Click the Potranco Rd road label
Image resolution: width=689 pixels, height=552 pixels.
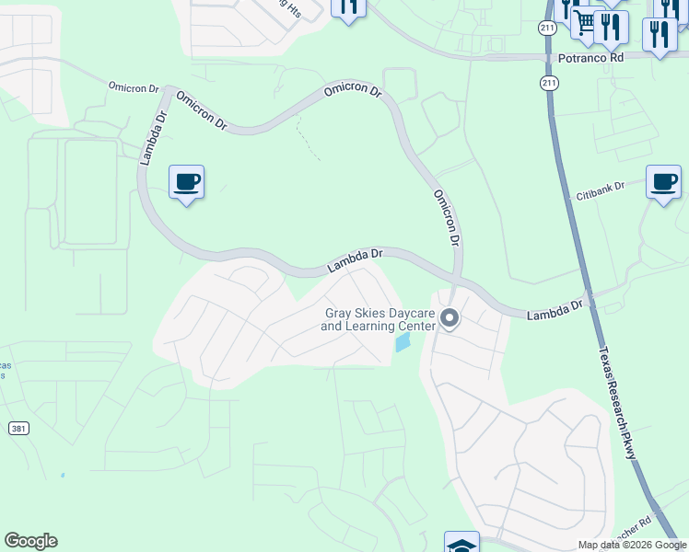590,57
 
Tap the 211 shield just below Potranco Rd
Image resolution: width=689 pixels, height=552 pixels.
550,84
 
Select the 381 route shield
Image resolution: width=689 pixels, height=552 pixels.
18,429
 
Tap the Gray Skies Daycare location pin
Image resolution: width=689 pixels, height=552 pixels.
450,319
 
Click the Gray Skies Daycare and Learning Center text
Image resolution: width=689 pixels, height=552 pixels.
379,319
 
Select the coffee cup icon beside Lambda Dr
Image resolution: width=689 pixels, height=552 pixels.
186,182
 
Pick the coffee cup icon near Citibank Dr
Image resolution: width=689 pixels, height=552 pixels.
663,181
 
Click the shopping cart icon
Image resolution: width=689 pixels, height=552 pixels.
586,21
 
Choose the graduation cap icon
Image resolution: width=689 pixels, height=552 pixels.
461,544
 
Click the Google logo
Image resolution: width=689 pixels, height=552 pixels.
30,541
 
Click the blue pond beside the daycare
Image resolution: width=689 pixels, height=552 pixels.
403,343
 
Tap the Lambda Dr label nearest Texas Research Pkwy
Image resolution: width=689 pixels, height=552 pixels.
555,309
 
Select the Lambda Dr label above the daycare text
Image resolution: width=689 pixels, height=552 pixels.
355,261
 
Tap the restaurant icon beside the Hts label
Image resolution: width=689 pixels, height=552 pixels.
348,7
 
